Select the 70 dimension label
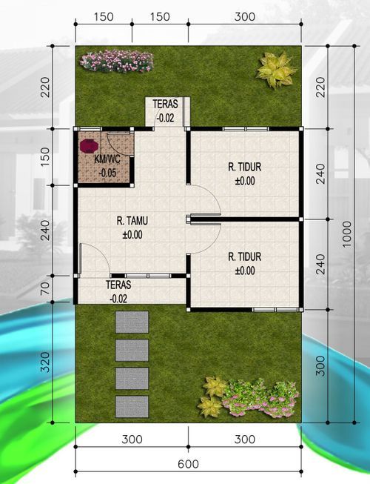click(46, 288)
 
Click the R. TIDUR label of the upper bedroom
click(244, 168)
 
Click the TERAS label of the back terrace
click(165, 104)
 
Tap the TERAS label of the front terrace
click(118, 285)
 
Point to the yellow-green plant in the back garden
click(275, 70)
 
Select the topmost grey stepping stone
click(132, 322)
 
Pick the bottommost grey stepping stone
click(132, 405)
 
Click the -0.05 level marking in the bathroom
click(107, 173)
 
